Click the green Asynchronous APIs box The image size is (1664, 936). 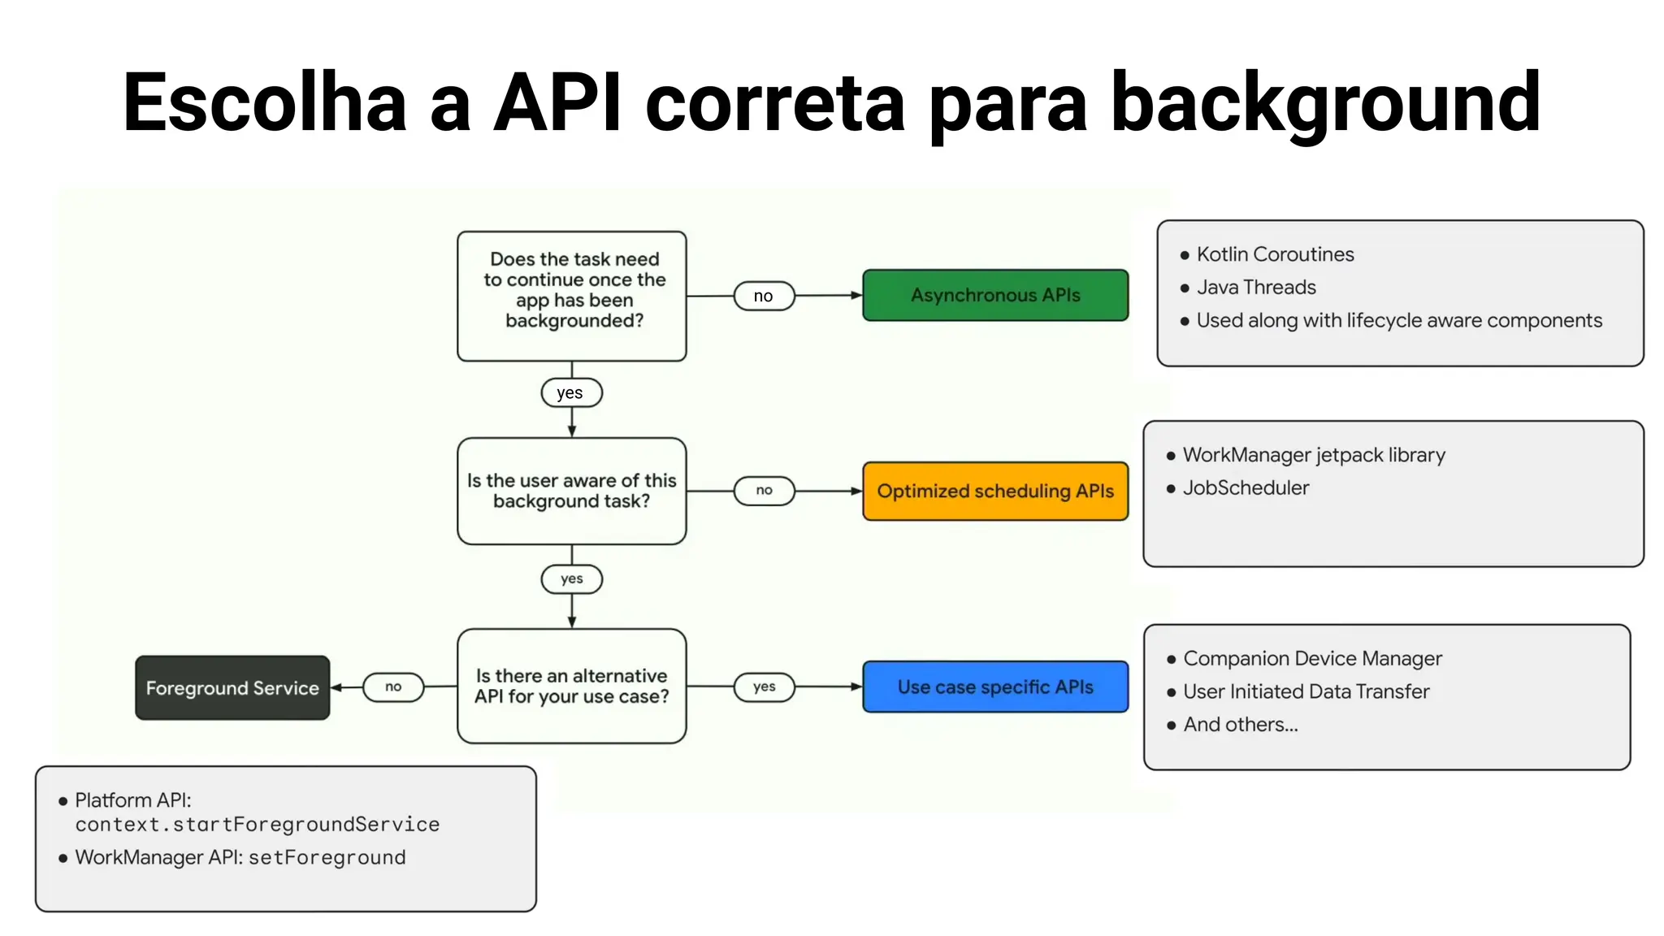994,295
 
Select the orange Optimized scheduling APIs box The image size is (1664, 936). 994,491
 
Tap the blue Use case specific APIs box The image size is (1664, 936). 994,687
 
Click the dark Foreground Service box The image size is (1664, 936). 232,687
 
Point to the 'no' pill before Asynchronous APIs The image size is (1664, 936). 763,296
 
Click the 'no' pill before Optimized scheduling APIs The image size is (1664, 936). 764,490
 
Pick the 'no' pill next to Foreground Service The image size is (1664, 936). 393,687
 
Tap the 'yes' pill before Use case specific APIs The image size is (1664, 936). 764,687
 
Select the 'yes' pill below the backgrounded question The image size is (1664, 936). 571,392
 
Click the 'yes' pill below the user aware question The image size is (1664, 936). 571,578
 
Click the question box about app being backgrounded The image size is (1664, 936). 572,296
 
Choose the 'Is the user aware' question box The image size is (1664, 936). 572,491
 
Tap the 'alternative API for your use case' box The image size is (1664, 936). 572,686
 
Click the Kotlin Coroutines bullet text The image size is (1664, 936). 1274,254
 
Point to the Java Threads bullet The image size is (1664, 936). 1255,287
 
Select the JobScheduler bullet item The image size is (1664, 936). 1245,487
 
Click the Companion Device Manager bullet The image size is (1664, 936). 1311,658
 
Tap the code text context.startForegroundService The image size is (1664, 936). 257,825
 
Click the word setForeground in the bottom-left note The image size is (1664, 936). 327,857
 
